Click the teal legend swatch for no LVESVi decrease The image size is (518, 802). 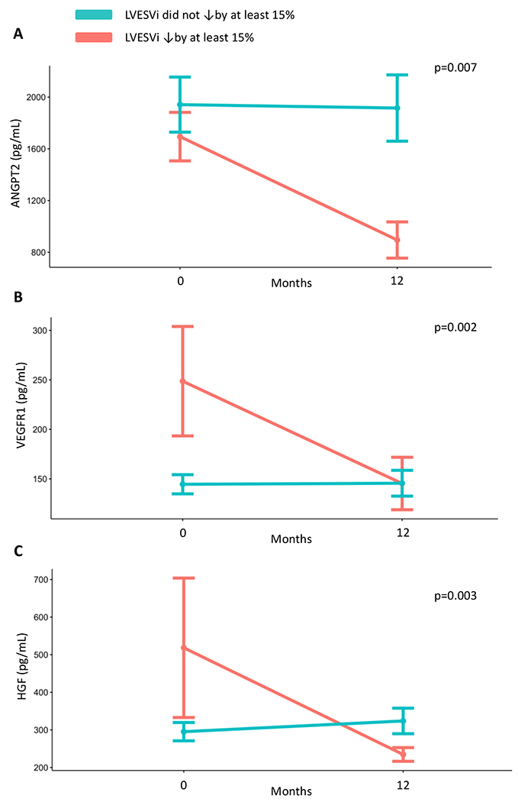point(93,15)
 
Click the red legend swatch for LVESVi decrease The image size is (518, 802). point(93,37)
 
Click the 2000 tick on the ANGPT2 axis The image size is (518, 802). point(34,97)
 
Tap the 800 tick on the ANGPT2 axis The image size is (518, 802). point(36,253)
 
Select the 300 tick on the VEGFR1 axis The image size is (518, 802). point(36,331)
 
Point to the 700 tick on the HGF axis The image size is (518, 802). point(36,580)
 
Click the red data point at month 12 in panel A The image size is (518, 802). point(397,240)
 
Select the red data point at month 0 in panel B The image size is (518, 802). point(182,381)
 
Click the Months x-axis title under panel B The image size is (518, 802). point(291,538)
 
